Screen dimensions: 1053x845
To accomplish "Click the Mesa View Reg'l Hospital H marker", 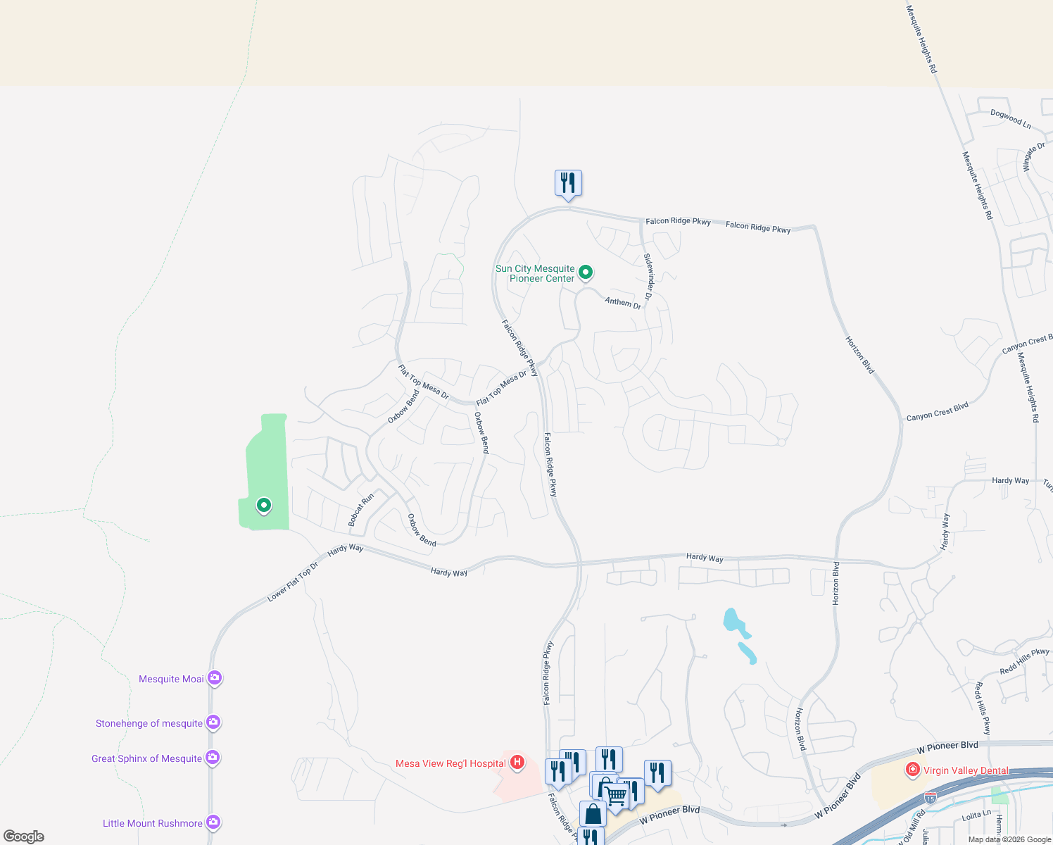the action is coord(517,762).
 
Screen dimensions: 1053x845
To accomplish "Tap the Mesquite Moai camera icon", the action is coord(215,678).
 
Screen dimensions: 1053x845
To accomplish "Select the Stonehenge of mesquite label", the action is coord(149,723).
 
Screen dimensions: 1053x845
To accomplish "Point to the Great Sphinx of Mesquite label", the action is coord(146,758).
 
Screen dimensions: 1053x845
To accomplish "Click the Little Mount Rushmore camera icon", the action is coord(213,822).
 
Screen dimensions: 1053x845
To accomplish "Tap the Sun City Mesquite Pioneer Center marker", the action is coord(585,272).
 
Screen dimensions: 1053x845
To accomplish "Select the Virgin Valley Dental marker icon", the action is coord(913,770).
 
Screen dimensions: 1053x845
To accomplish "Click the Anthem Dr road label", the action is coord(623,302).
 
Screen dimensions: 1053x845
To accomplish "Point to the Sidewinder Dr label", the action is coord(648,276).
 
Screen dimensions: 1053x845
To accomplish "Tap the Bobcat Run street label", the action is coord(361,510).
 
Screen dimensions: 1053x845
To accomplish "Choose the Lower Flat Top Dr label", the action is coord(293,582).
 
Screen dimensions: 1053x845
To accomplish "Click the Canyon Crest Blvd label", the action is coord(937,411).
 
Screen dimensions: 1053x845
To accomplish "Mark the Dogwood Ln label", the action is coord(1010,118).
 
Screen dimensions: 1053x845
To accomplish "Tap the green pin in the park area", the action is coord(264,505).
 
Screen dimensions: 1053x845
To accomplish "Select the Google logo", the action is coord(24,837).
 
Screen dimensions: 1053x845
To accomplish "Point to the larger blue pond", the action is coord(734,621).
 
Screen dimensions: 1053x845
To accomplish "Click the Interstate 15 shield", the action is coord(931,798).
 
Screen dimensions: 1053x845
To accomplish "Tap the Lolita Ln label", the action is coord(976,815).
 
